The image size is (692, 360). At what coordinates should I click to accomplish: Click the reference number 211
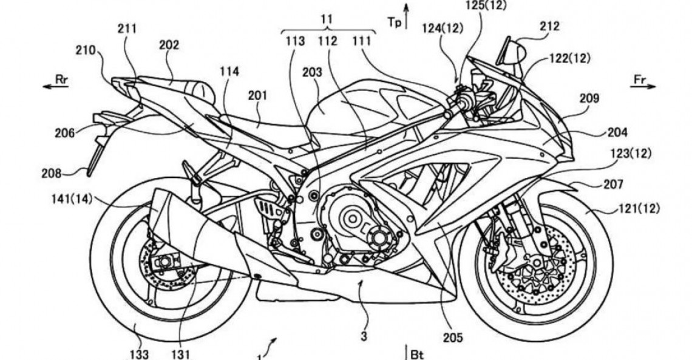[x=127, y=27]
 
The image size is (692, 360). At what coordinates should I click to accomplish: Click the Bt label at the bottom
[x=415, y=353]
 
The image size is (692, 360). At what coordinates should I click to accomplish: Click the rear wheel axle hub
[x=163, y=263]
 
